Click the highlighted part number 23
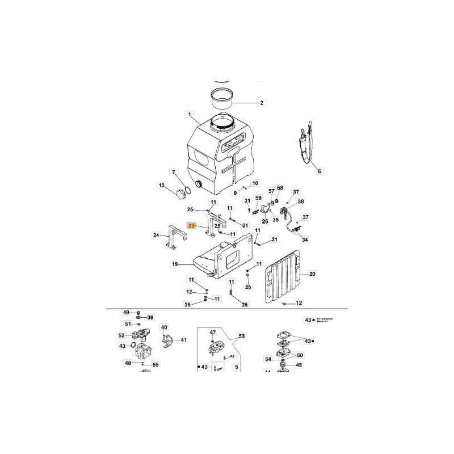tap(191, 225)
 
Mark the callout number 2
tap(262, 103)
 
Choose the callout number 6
tap(319, 171)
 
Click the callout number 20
tap(313, 274)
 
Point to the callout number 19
tap(175, 264)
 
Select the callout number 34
tap(305, 240)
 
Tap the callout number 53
tap(242, 337)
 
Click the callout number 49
tap(126, 312)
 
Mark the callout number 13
tap(162, 186)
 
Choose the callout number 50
tap(300, 356)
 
